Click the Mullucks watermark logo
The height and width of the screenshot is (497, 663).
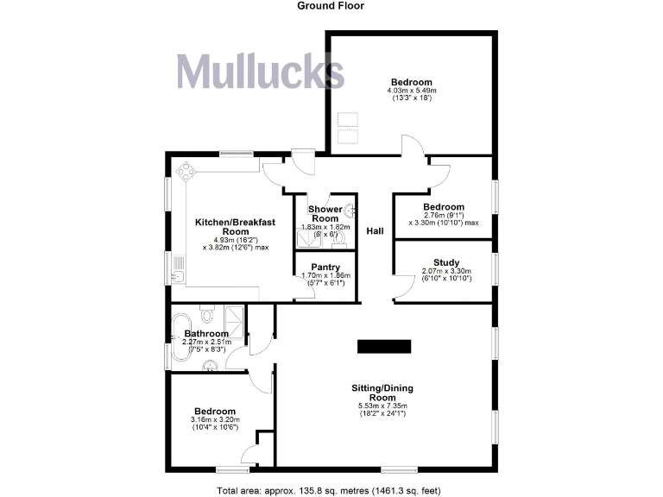tap(261, 72)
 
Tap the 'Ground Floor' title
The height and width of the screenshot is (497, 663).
tap(331, 6)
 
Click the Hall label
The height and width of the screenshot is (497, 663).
tap(375, 231)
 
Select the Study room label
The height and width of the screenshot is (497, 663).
tap(446, 262)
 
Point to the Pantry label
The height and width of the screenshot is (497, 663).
tap(325, 267)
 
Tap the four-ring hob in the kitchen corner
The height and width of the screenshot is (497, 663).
tap(186, 172)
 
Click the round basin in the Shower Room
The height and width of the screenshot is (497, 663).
tap(350, 209)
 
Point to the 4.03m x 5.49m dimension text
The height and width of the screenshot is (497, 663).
tap(412, 91)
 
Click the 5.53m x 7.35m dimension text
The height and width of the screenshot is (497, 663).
tap(382, 406)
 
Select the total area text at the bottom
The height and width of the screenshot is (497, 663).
tap(331, 490)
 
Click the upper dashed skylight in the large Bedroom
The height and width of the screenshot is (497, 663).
tap(348, 119)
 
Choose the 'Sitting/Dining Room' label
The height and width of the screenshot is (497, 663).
tap(382, 392)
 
